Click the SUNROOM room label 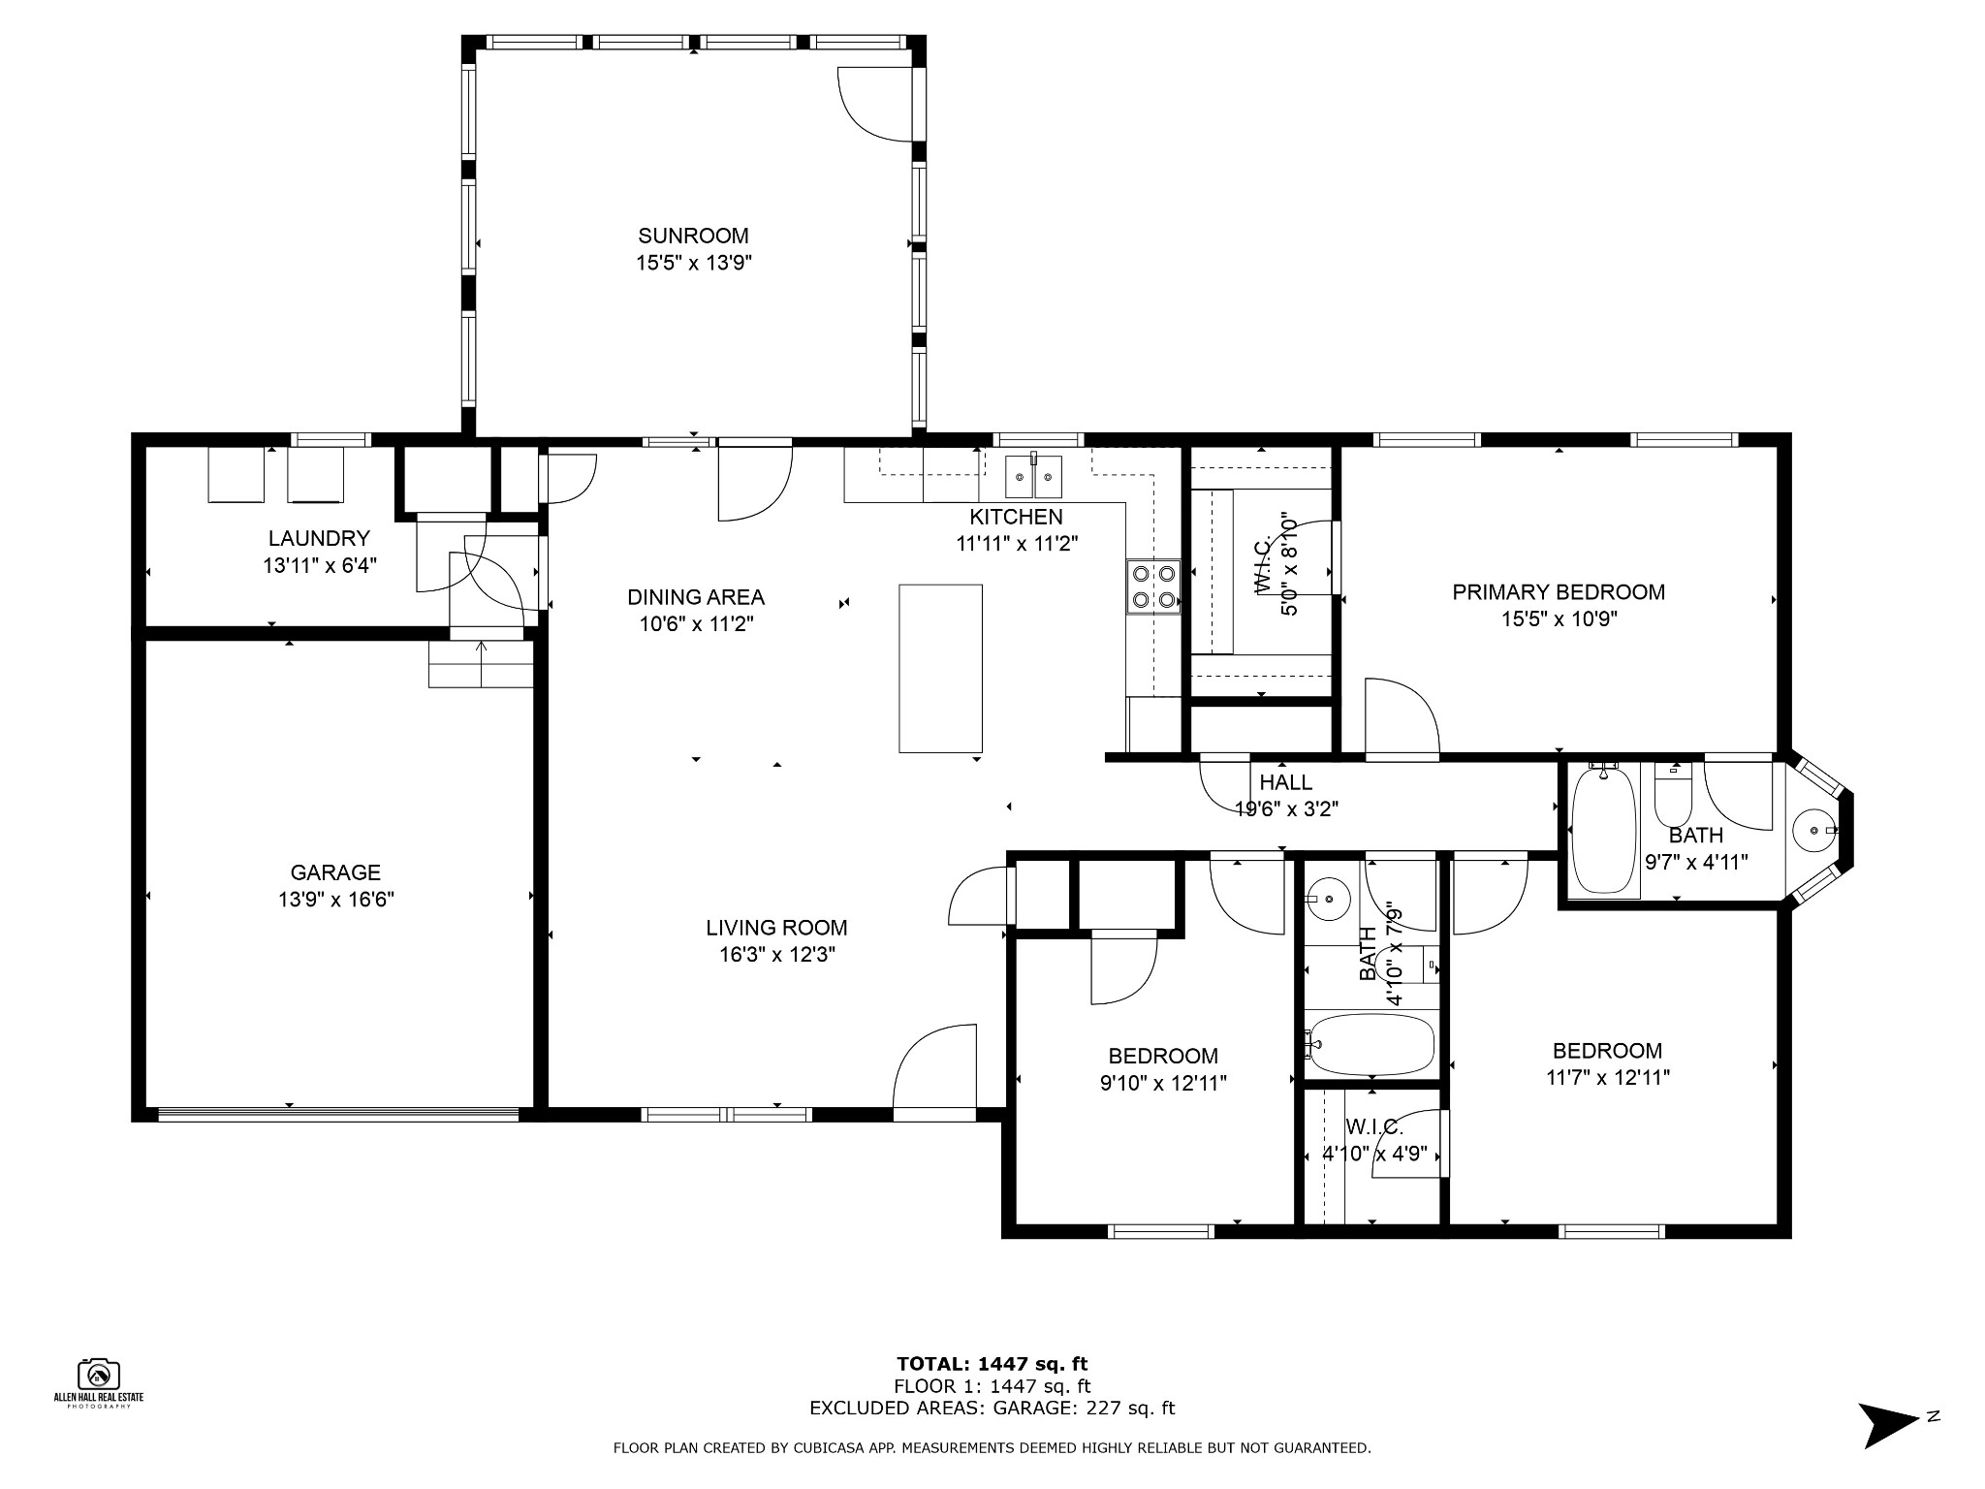pos(693,236)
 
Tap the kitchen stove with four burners pos(1153,586)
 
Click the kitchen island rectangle pos(940,668)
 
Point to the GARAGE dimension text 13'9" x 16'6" pos(335,900)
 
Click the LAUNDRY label pos(319,538)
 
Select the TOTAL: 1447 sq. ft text pos(992,1365)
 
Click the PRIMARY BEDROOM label pos(1559,592)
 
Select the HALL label pos(1286,782)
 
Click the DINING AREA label pos(696,597)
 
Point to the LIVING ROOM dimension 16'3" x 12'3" pos(776,955)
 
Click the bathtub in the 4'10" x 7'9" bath pos(1370,1044)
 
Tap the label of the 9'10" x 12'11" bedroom pos(1163,1056)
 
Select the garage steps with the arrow pos(482,663)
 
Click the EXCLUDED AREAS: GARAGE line pos(992,1408)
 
